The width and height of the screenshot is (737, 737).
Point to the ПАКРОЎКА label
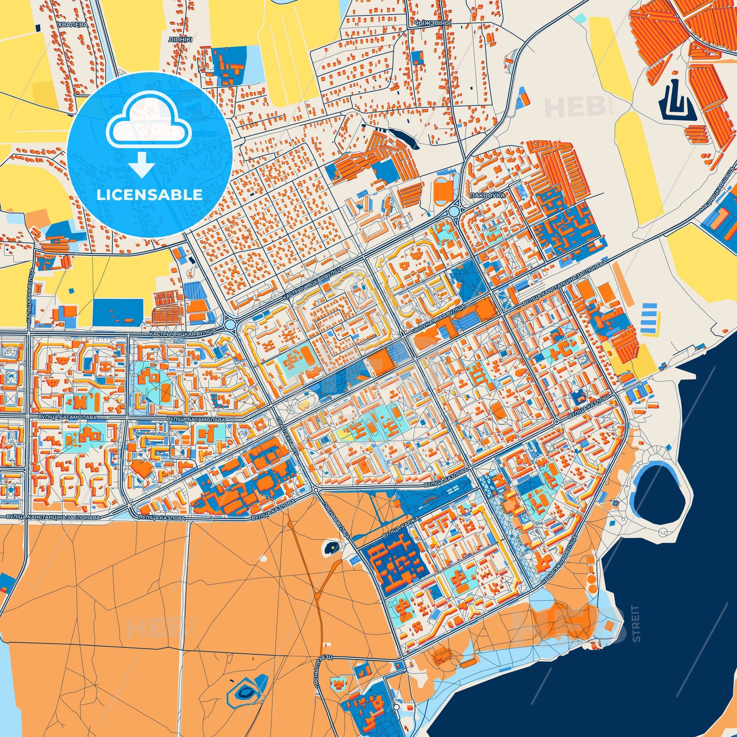pos(488,195)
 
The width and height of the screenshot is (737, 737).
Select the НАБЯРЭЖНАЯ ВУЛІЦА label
pos(560,557)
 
